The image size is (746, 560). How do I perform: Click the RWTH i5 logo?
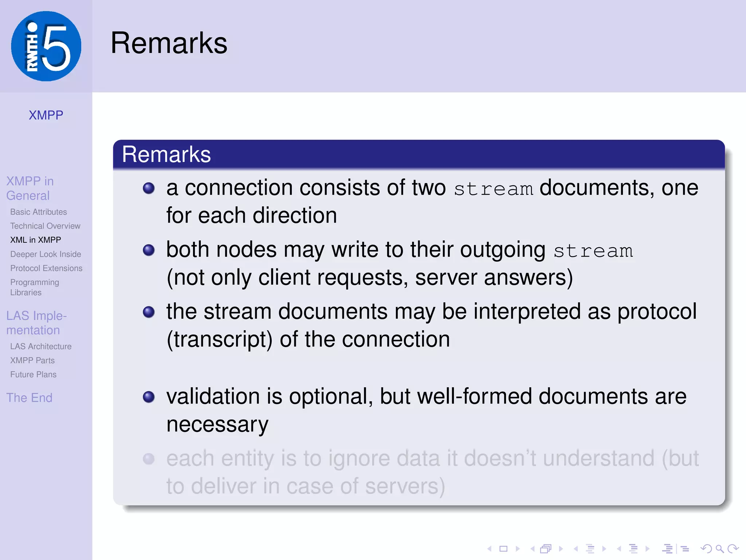(x=46, y=46)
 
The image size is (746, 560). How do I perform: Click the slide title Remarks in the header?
(x=169, y=43)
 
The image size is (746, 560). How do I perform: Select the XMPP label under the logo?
(x=46, y=115)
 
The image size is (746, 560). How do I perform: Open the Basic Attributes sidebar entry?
(x=39, y=212)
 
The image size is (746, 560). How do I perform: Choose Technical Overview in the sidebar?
(x=45, y=226)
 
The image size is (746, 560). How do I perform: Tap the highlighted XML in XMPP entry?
(x=36, y=240)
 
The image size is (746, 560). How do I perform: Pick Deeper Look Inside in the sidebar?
(x=46, y=254)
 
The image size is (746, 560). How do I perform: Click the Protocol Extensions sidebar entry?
(x=46, y=268)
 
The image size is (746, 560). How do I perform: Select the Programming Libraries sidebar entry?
(x=35, y=287)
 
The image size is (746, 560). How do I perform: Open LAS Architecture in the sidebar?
(x=41, y=346)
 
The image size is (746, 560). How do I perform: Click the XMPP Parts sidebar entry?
(x=32, y=361)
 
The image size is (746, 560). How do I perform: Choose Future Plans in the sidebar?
(x=33, y=374)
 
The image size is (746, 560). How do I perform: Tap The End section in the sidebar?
(x=30, y=398)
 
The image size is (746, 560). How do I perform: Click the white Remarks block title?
(x=166, y=154)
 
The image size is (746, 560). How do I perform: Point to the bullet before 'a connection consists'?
(x=149, y=188)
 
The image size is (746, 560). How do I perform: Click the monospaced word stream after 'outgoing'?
(x=593, y=251)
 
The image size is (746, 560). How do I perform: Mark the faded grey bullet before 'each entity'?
(x=149, y=459)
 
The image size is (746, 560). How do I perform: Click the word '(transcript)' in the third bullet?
(x=219, y=339)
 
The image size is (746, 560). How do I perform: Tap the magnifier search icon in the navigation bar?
(x=719, y=549)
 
